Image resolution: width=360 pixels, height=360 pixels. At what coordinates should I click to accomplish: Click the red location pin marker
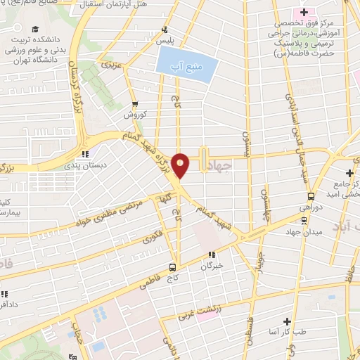(181, 165)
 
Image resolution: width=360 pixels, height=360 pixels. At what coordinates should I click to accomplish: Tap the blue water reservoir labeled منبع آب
(187, 68)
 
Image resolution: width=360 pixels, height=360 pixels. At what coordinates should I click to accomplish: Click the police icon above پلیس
(165, 30)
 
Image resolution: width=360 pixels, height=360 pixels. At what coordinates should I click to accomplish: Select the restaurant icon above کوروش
(133, 103)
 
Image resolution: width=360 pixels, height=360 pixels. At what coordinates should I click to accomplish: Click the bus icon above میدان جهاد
(303, 219)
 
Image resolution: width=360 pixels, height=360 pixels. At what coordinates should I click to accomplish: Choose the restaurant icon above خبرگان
(211, 255)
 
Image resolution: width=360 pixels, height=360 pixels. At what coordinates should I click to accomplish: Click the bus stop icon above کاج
(172, 267)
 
